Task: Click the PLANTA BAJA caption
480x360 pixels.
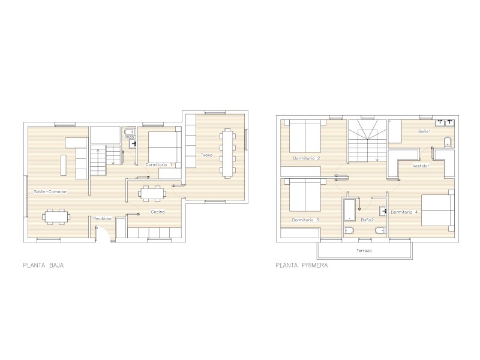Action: [43, 265]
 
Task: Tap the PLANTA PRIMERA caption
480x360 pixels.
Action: [302, 265]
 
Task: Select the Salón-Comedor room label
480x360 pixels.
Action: [50, 191]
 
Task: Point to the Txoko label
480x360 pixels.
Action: [206, 155]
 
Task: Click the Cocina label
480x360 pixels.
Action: [158, 212]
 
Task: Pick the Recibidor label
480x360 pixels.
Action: [103, 218]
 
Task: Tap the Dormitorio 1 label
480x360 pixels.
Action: [158, 164]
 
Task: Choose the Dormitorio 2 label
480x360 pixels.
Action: [307, 158]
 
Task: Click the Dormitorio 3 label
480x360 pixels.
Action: [305, 220]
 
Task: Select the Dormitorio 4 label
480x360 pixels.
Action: [404, 212]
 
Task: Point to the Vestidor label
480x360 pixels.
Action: [421, 166]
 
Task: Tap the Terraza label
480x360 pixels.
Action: [364, 250]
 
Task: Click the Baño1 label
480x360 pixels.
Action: [425, 131]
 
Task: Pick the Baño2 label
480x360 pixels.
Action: [367, 220]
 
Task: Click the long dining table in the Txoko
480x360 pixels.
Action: [227, 153]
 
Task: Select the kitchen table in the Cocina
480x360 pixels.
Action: [152, 193]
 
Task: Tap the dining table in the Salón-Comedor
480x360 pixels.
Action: [56, 217]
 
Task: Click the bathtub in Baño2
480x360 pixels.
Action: [350, 210]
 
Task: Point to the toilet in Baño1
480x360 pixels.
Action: [448, 142]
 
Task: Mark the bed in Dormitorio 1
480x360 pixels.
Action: [164, 147]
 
